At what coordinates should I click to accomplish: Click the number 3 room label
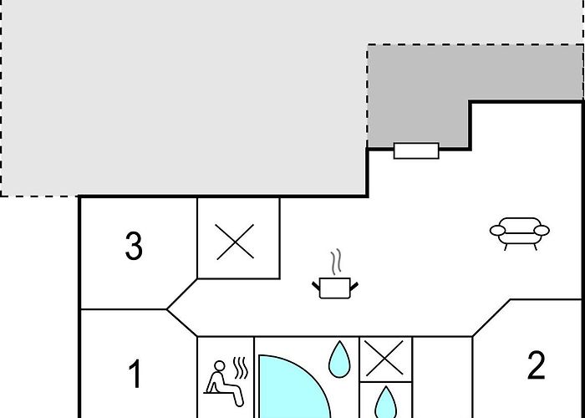134,246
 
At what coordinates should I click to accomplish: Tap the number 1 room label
135,374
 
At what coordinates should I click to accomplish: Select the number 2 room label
537,365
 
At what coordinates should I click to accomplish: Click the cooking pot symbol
335,288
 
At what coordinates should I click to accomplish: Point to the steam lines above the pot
336,262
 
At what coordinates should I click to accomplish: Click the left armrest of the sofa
498,231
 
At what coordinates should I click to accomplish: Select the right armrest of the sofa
542,231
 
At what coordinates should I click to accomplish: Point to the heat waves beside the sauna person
241,368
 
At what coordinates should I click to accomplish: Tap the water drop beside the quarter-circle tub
339,359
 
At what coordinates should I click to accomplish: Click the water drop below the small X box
385,404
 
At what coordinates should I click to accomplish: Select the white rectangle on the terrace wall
416,150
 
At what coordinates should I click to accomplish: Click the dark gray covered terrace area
418,94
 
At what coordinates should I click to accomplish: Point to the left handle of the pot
316,286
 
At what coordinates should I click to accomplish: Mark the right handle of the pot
354,286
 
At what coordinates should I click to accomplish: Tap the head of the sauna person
220,366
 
